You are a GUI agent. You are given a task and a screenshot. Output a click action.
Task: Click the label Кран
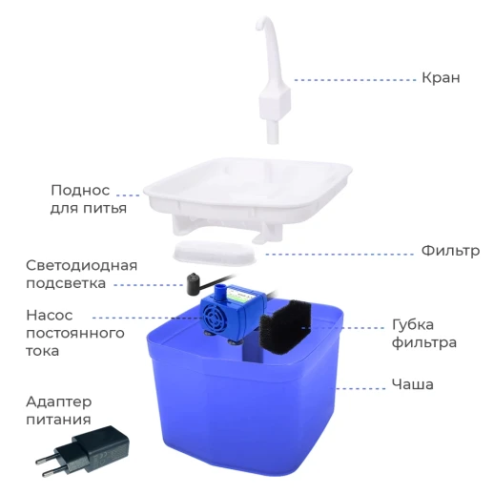[441, 77]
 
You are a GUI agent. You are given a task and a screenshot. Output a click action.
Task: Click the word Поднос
[81, 189]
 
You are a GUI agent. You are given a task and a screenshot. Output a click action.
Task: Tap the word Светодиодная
[81, 265]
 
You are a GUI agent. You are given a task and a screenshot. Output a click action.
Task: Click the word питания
[59, 419]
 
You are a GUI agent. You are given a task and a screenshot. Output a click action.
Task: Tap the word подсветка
[67, 283]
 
